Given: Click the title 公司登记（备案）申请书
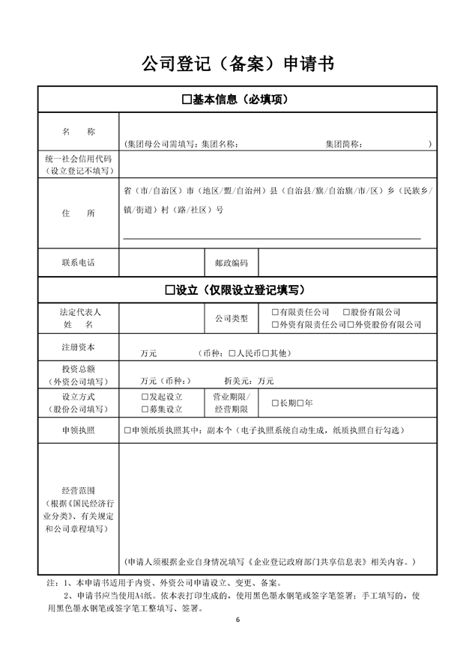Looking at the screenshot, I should click(x=237, y=64).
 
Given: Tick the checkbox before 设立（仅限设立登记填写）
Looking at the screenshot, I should click(x=170, y=290).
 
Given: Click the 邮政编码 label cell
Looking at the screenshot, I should click(x=231, y=263).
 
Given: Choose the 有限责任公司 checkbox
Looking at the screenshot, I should click(x=276, y=312).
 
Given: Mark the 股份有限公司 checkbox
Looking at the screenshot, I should click(x=346, y=312).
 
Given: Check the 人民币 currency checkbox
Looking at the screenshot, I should click(x=232, y=352).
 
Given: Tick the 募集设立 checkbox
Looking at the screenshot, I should click(x=145, y=409).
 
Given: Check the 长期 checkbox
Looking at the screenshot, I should click(x=276, y=403).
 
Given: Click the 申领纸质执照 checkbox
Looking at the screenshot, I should click(x=127, y=431).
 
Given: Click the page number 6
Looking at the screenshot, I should click(x=237, y=620).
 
